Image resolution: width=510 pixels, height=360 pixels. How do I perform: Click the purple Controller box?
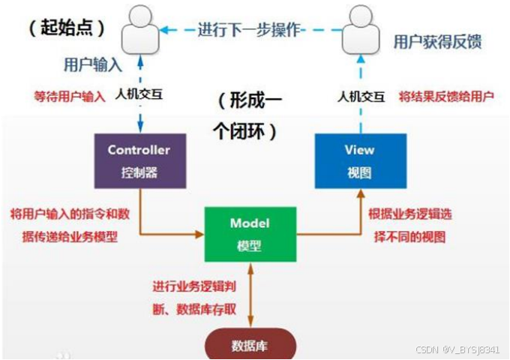139,160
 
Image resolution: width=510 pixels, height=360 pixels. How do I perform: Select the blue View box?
361,160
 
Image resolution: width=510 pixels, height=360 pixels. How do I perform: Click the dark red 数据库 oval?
250,346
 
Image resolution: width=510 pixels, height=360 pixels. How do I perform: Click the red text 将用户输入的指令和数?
70,214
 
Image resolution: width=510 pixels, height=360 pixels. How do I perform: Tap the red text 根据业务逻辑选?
410,214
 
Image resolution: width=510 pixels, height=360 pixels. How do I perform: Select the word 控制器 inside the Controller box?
139,171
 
